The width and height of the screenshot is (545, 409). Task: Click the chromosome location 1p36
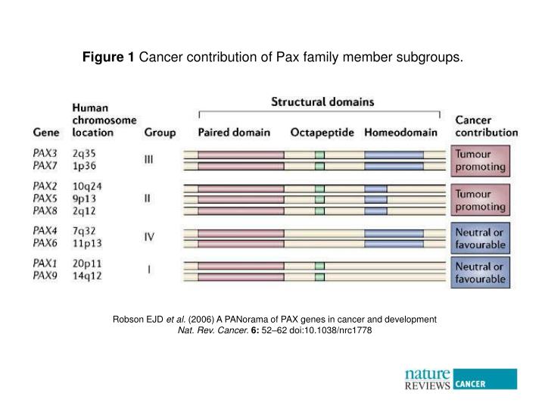[x=86, y=165]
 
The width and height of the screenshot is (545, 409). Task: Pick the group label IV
[x=150, y=236]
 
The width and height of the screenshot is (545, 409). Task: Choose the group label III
[x=149, y=159]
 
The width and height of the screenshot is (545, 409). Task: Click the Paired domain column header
[x=233, y=133]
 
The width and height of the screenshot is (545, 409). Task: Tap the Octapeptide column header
[x=322, y=133]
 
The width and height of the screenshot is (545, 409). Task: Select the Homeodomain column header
[x=400, y=133]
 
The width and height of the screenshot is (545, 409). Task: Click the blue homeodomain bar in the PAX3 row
[x=394, y=155]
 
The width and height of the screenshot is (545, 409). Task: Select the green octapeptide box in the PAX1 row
[x=319, y=266]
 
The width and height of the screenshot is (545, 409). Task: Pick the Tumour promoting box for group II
[x=481, y=200]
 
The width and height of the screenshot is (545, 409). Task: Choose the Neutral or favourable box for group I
[x=481, y=273]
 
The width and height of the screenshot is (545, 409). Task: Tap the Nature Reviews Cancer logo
[x=460, y=378]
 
